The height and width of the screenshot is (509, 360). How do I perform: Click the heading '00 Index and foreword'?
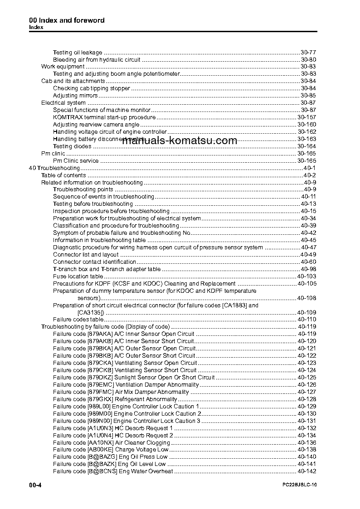click(67, 20)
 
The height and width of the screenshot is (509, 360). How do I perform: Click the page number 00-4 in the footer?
click(35, 485)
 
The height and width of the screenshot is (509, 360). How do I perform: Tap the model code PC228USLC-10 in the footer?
click(299, 485)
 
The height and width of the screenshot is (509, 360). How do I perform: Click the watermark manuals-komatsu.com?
click(180, 141)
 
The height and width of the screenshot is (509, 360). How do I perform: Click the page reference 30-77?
click(308, 52)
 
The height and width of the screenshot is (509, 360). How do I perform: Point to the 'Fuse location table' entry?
click(78, 276)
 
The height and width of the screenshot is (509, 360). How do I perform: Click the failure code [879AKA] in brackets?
click(99, 334)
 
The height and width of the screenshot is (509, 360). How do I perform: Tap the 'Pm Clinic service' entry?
click(76, 160)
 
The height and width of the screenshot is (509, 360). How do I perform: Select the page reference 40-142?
click(306, 471)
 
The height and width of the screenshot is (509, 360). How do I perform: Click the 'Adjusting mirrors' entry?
click(75, 96)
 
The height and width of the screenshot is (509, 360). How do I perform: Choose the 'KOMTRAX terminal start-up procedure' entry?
click(104, 117)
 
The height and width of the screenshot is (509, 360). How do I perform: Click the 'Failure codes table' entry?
click(75, 320)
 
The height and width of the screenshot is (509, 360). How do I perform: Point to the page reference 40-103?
click(306, 276)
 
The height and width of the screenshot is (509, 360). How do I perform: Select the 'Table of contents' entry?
click(63, 175)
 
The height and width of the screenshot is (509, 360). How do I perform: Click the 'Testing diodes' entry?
click(72, 146)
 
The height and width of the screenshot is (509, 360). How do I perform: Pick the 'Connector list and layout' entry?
click(86, 254)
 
